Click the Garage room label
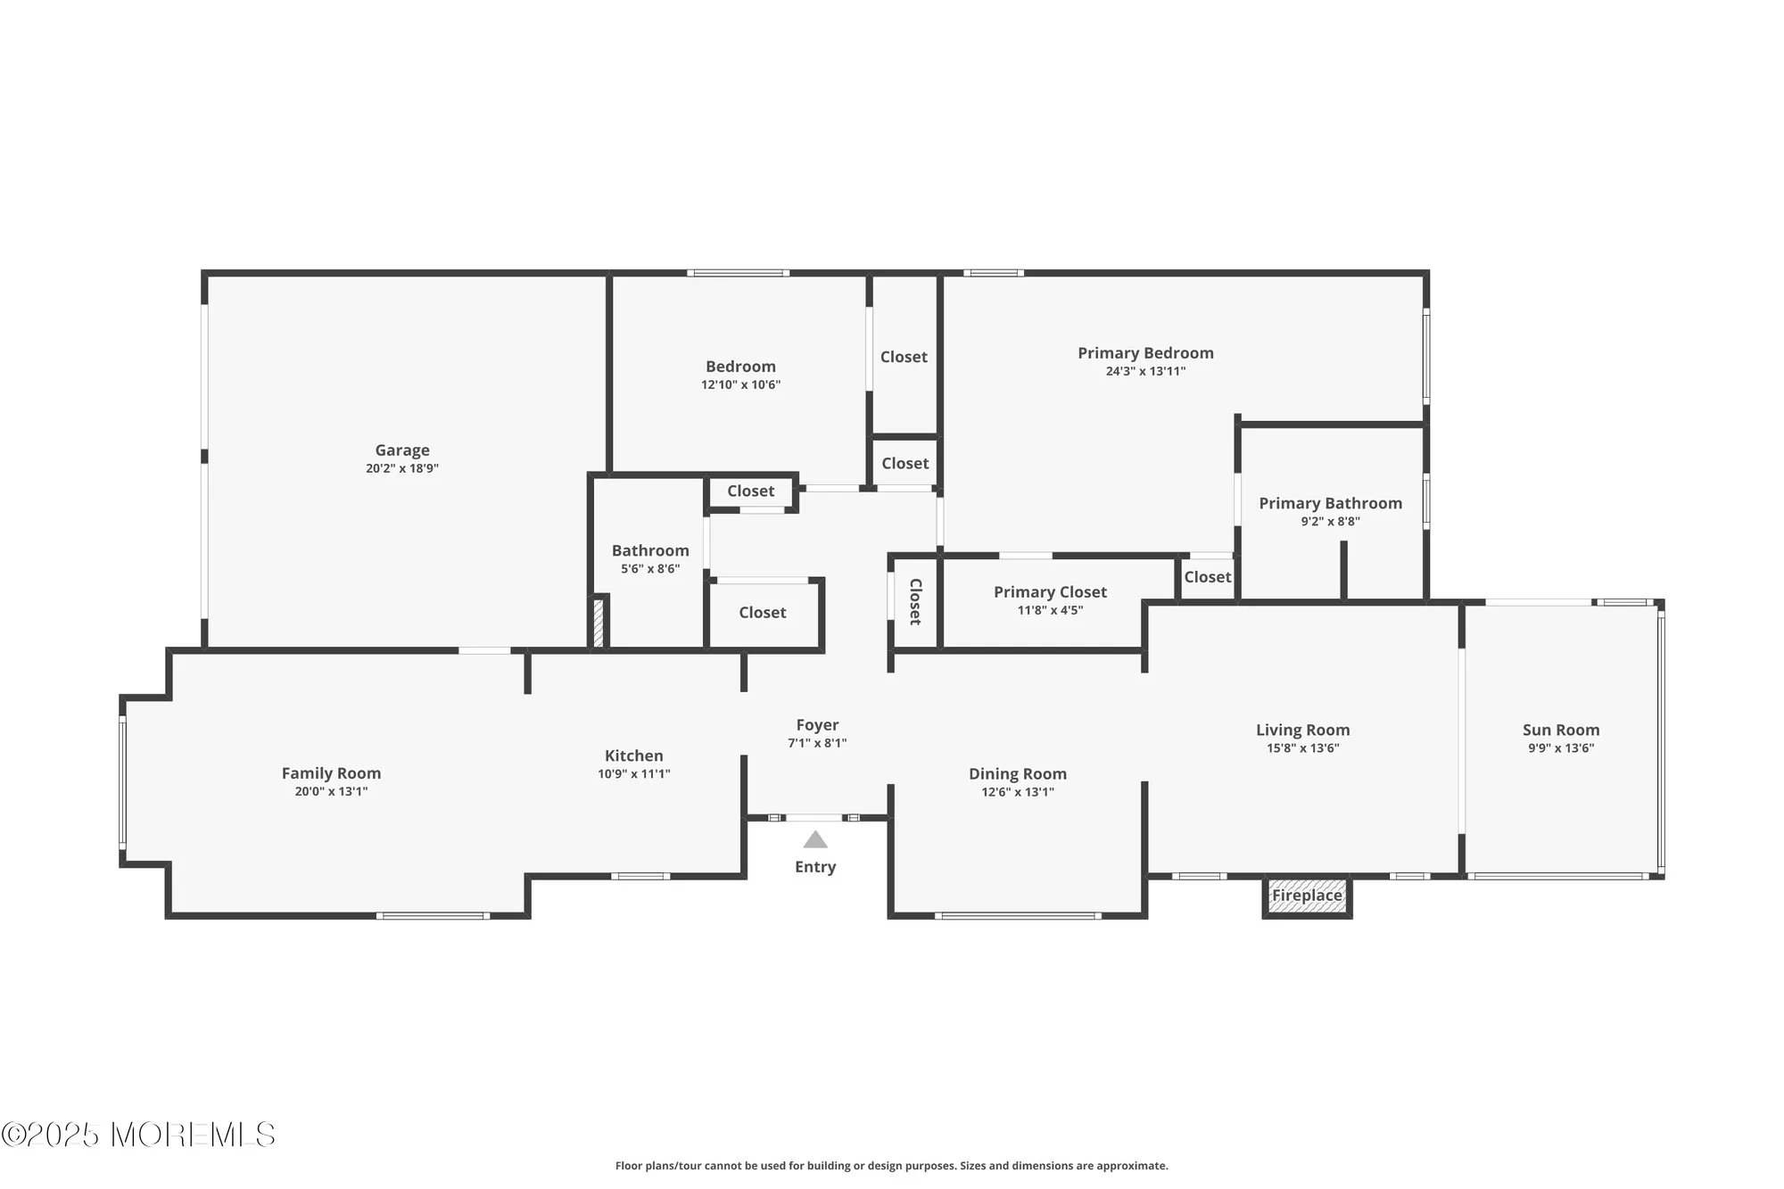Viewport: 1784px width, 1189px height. (402, 450)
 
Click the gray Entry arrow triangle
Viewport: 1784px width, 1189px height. (815, 840)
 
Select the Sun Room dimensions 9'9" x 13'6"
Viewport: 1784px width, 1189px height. (1561, 748)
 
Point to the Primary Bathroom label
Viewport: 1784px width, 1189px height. (1330, 503)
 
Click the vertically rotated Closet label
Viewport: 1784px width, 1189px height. (915, 602)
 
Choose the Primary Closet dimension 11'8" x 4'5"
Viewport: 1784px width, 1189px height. (1050, 611)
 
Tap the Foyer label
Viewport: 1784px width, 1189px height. (817, 725)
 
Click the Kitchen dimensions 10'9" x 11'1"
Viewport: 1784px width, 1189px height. (634, 774)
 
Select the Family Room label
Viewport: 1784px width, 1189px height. (331, 773)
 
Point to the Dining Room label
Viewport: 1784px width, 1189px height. (1018, 774)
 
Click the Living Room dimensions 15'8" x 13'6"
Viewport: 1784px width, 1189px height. (1302, 748)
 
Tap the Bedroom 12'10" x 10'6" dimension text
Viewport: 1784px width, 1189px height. (740, 385)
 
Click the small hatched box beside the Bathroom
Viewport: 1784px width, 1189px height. (599, 623)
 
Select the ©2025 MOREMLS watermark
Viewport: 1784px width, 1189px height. (138, 1135)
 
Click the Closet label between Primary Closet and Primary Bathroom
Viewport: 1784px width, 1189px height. (1207, 577)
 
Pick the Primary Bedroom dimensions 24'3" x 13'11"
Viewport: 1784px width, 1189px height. (1145, 372)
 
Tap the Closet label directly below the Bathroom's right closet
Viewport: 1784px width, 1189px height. (762, 613)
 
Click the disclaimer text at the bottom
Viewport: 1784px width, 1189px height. (891, 1166)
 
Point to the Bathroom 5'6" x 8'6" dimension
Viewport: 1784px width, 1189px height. (650, 569)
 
